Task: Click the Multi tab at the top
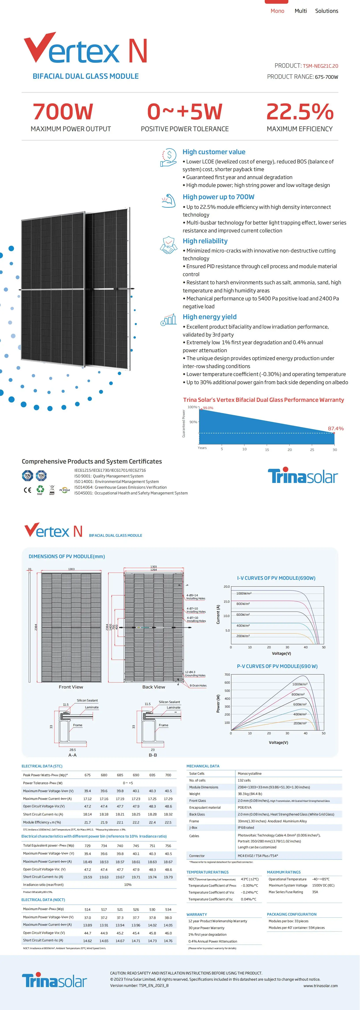click(x=300, y=11)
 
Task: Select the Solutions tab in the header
click(x=326, y=11)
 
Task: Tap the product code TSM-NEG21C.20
click(x=320, y=66)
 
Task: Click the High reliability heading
click(x=205, y=241)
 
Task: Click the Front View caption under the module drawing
click(x=71, y=687)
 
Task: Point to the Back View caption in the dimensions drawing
click(x=154, y=687)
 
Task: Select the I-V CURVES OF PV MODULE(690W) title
click(x=276, y=578)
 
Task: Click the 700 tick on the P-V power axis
click(x=227, y=675)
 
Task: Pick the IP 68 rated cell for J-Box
click(x=246, y=828)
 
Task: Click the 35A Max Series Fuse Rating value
click(x=315, y=892)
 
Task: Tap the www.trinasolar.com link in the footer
click(x=320, y=986)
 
